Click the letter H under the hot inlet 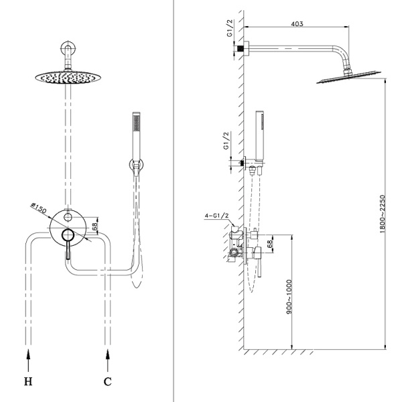point(28,383)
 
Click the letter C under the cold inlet point(107,383)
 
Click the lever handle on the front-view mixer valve point(67,248)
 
